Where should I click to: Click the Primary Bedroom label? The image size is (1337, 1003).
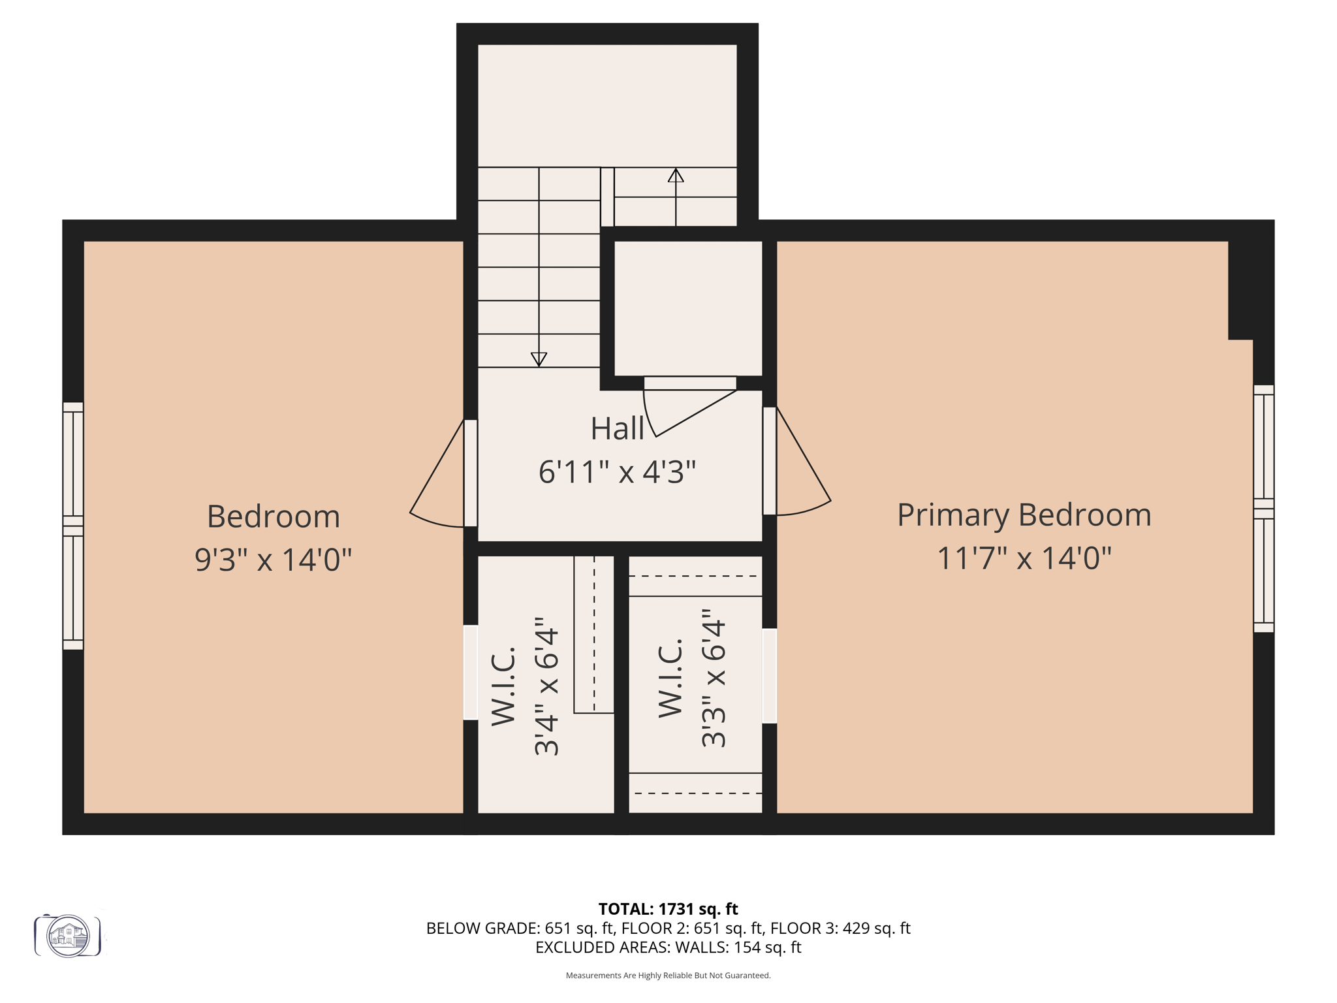(1024, 515)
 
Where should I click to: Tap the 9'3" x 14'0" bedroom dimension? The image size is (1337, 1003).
(273, 560)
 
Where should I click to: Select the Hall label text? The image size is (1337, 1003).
(617, 429)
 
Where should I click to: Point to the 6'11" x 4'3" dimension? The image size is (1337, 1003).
(617, 471)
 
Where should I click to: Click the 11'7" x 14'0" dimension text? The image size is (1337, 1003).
(1024, 558)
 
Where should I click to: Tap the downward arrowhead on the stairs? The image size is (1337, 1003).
(539, 359)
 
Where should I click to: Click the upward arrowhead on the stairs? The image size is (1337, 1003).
(676, 176)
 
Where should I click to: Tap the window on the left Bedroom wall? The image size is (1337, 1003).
(73, 526)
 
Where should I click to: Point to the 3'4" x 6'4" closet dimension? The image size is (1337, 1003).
(547, 686)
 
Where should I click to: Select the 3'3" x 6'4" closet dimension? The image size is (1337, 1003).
(714, 678)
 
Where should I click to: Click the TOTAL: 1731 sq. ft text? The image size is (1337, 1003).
(668, 909)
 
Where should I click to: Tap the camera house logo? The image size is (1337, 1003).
(68, 936)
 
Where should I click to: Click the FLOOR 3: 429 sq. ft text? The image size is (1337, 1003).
(840, 928)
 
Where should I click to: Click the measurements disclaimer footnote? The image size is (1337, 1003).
(668, 976)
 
